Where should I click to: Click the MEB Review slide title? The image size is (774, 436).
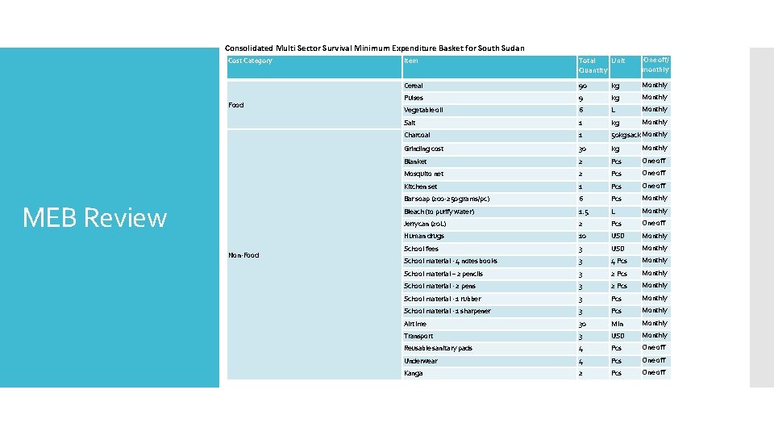click(x=94, y=218)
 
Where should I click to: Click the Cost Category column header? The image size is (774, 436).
click(x=250, y=61)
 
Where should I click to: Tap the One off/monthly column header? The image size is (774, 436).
click(x=655, y=65)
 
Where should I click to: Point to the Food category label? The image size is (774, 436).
click(x=236, y=105)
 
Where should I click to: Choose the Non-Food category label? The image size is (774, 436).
click(x=243, y=255)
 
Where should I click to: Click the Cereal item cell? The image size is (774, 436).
click(x=414, y=86)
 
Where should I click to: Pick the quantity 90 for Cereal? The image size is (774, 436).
click(x=584, y=86)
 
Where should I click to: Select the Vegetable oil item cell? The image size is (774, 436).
click(x=423, y=110)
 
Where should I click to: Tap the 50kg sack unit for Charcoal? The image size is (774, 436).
click(x=626, y=136)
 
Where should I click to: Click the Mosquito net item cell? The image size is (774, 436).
click(x=423, y=174)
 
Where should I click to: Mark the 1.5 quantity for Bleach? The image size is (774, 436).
click(x=585, y=212)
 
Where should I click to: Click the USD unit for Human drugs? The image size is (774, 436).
click(x=618, y=237)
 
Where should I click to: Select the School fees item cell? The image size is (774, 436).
click(x=421, y=249)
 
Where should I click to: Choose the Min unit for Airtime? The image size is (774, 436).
click(x=617, y=324)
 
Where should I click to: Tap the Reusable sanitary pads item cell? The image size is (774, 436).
click(x=438, y=348)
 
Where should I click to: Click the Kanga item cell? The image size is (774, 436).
click(x=413, y=373)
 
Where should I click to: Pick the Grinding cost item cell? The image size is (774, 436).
click(x=423, y=149)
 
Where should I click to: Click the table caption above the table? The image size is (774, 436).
click(x=374, y=48)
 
